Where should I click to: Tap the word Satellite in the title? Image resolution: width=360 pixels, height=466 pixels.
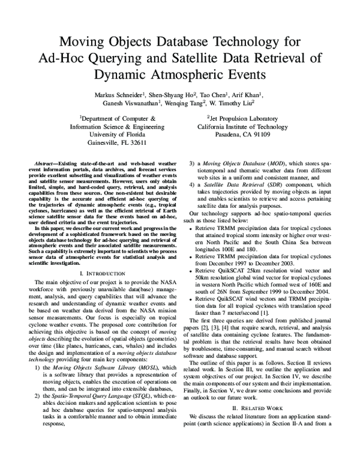(x=214, y=58)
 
